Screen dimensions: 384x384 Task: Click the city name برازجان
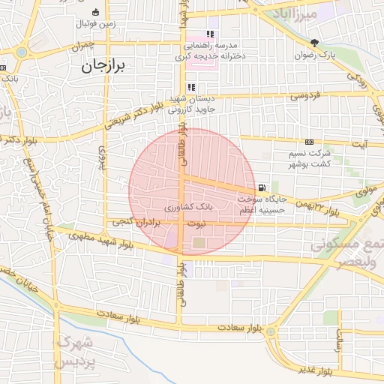[x=106, y=66]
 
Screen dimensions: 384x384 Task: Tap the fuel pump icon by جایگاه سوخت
[x=260, y=187]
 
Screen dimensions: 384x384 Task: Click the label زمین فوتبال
[x=95, y=24]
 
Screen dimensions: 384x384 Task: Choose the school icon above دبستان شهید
[x=190, y=87]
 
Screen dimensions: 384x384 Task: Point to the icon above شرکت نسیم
[x=309, y=142]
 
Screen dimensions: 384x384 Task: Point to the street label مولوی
[x=365, y=192]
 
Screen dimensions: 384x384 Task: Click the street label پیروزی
[x=103, y=159]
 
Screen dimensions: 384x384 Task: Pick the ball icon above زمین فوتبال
[x=95, y=12]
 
